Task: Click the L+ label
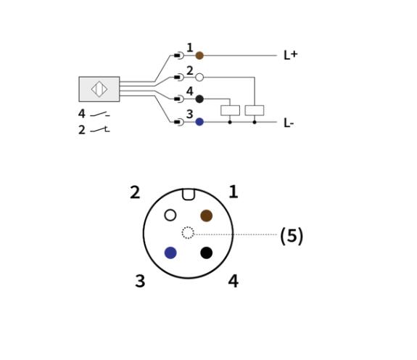coord(291,55)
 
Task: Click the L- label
coord(289,123)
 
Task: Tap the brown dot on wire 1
coord(199,56)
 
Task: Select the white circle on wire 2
coord(199,78)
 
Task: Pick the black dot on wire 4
coord(199,99)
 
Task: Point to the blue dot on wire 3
coord(199,122)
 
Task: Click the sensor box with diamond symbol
coord(99,89)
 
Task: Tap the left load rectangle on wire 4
coord(231,110)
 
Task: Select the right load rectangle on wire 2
coord(255,110)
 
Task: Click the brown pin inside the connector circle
coord(207,216)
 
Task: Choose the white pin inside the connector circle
coord(170,215)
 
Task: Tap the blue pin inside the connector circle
coord(170,253)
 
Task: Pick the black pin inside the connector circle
coord(207,253)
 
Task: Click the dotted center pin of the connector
coord(188,233)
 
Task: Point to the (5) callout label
coord(292,236)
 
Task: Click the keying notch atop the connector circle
coord(189,195)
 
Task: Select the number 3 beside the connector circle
coord(140,281)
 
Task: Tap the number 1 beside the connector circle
coord(234,192)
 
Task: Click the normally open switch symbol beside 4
coord(100,115)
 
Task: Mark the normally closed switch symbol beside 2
coord(100,130)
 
